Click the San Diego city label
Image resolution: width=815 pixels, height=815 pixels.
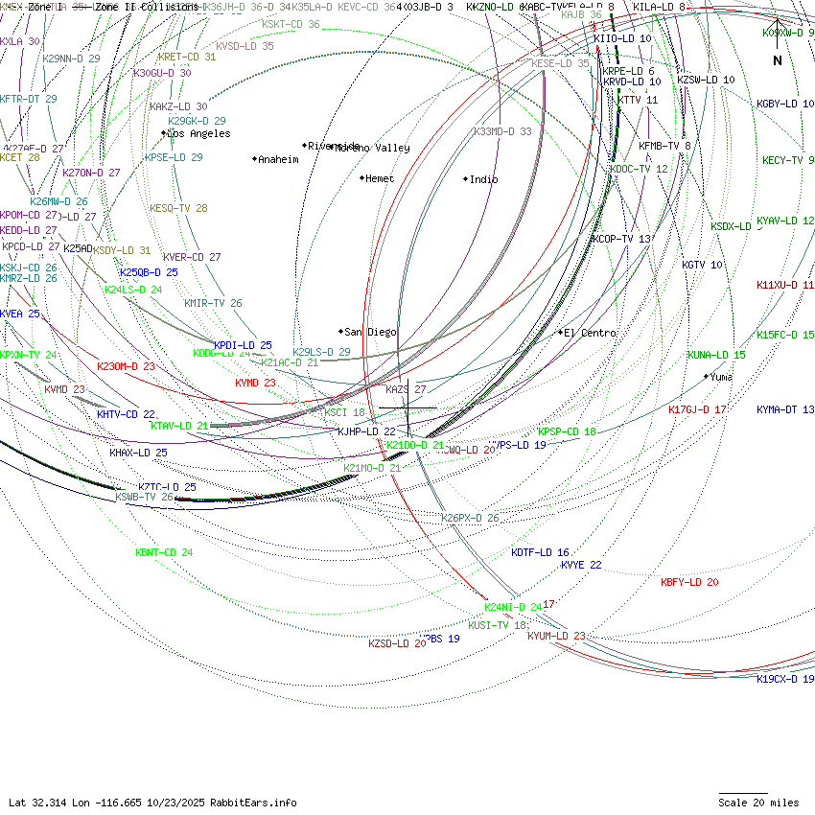coord(370,332)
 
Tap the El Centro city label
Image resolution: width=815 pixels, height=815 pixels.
coord(590,333)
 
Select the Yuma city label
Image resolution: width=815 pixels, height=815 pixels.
coord(721,377)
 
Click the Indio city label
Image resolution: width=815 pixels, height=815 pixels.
coord(483,179)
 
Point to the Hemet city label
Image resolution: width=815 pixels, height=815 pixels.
coord(380,178)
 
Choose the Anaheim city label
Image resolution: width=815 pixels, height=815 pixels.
coord(278,159)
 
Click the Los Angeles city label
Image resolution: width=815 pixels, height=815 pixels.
coord(198,133)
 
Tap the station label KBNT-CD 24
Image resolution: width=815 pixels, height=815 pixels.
coord(164,552)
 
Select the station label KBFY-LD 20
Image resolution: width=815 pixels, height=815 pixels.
coord(689,582)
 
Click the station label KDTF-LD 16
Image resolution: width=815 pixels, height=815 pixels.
coord(540,552)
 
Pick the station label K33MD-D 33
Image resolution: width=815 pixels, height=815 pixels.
coord(502,131)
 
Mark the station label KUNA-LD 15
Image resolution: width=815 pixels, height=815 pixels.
coord(716,355)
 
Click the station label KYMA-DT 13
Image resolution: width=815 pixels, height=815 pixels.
coord(785,409)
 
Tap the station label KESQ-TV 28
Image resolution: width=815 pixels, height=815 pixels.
coord(178,208)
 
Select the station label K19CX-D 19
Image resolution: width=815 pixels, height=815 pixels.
coord(785,679)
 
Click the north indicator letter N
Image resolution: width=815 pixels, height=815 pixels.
coord(778,60)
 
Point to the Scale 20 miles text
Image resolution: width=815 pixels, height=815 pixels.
coord(758,803)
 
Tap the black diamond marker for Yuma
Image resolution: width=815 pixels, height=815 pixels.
coord(707,376)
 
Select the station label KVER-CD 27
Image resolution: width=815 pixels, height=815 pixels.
coord(192,257)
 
